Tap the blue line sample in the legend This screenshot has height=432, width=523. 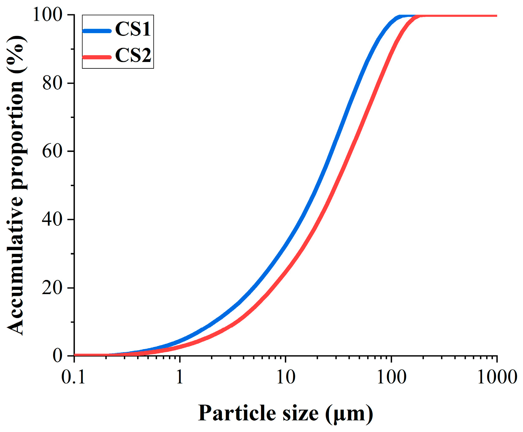point(97,31)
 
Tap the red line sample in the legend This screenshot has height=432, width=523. point(97,57)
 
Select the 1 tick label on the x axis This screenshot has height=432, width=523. point(179,377)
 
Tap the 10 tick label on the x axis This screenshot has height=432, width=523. point(286,377)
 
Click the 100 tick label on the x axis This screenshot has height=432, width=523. point(391,377)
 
